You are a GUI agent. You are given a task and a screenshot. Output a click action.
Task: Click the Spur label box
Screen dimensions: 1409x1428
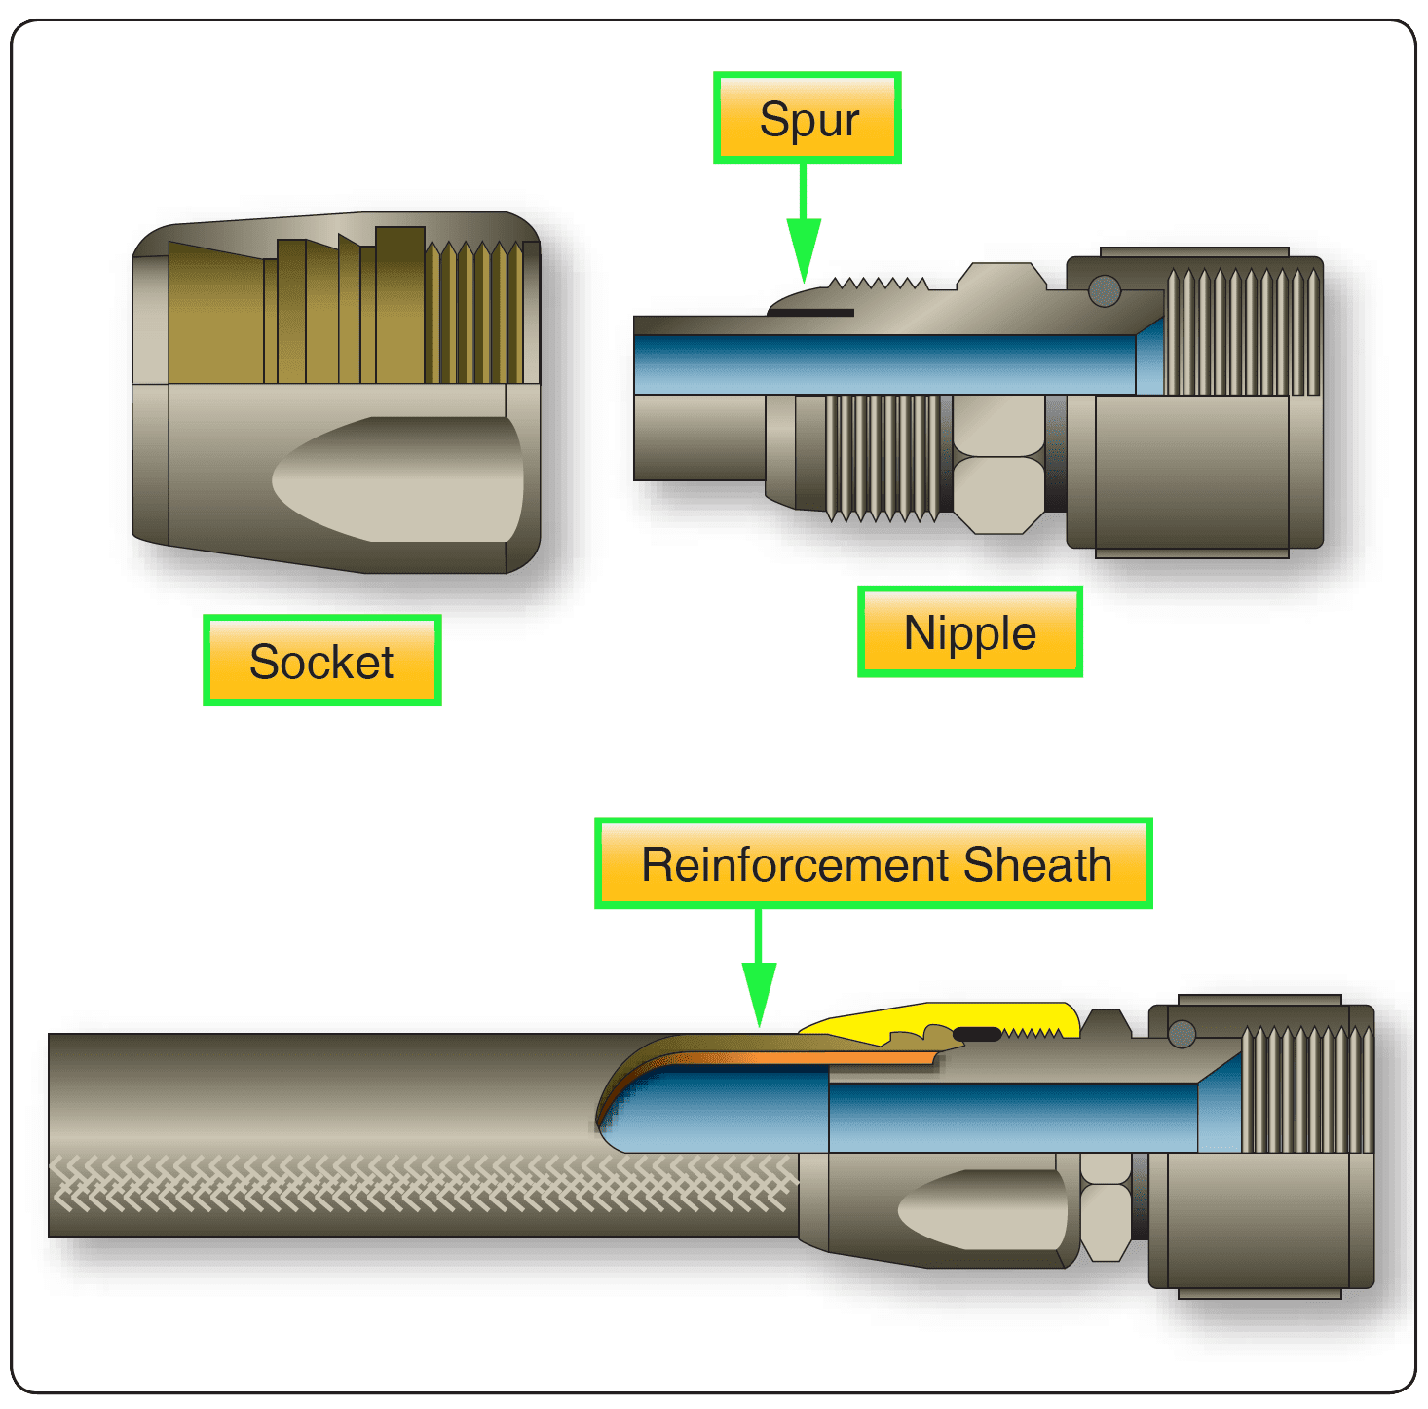click(x=807, y=118)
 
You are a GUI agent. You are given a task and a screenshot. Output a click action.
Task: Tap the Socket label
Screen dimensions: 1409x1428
click(x=321, y=661)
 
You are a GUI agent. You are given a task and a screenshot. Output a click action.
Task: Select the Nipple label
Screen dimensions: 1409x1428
click(x=969, y=632)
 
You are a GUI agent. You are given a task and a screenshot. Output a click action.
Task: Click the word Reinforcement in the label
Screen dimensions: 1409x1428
click(x=795, y=864)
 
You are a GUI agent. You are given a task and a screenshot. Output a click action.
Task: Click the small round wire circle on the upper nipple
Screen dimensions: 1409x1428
click(x=1104, y=290)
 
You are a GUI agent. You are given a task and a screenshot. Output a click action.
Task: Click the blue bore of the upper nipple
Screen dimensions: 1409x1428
click(x=877, y=364)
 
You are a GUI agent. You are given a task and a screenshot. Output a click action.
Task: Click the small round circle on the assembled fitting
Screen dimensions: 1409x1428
click(x=1182, y=1034)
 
